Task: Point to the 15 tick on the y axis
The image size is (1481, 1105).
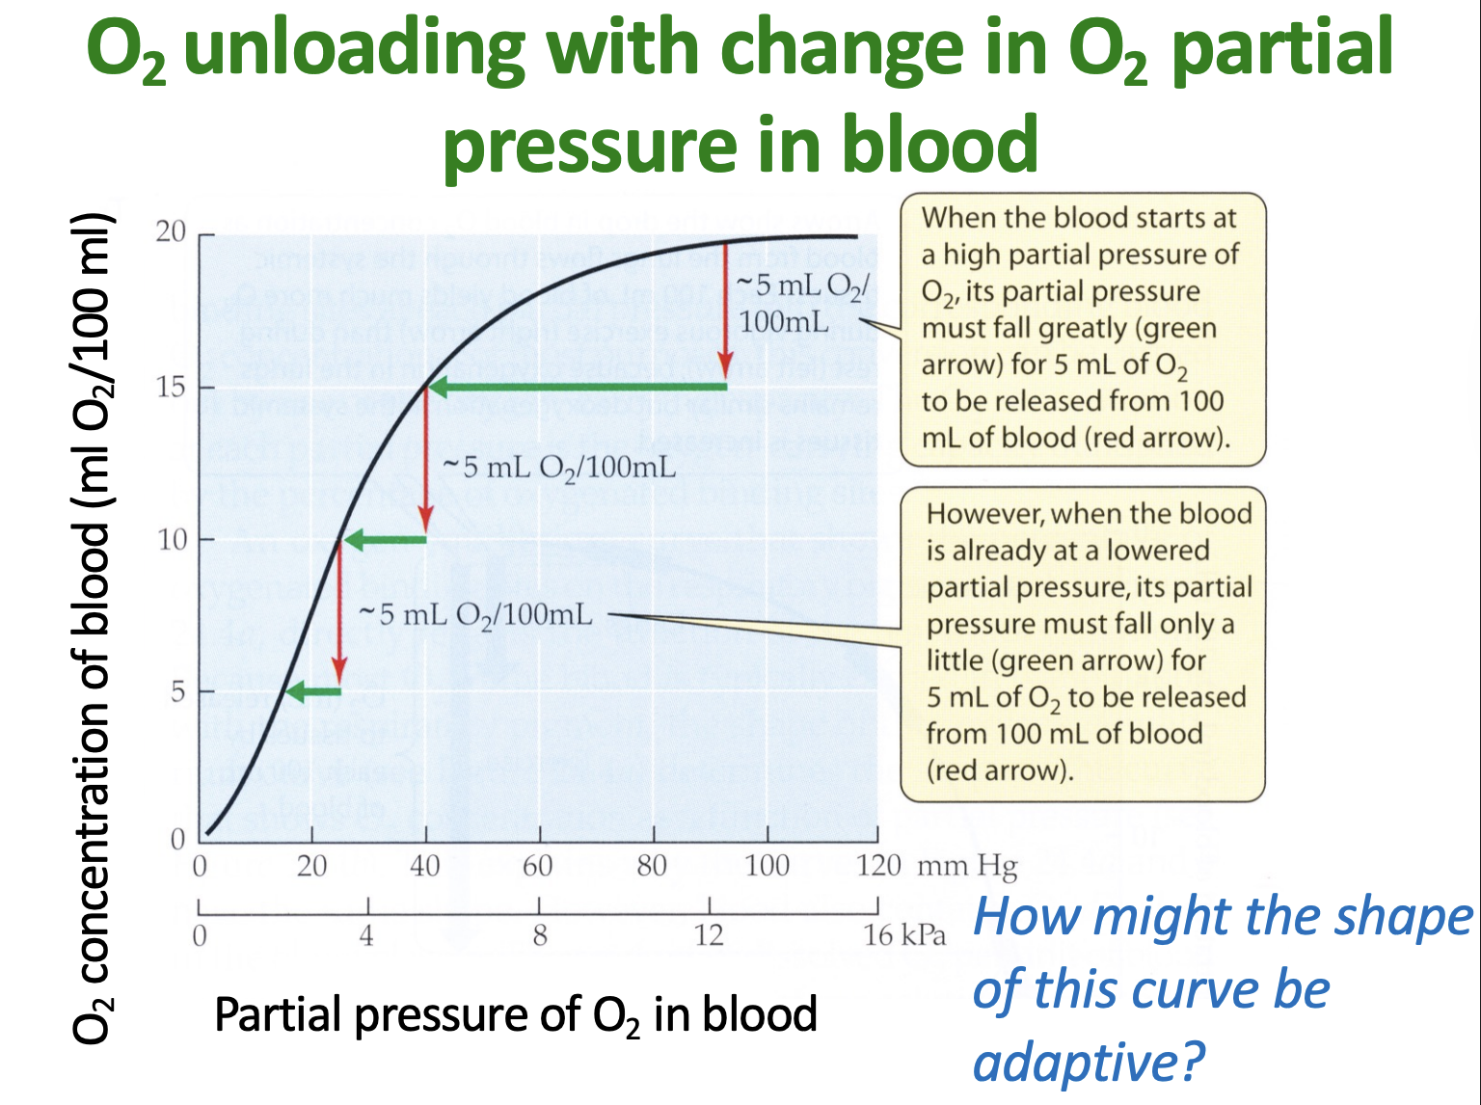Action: [172, 388]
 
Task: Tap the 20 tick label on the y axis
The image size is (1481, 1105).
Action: [171, 232]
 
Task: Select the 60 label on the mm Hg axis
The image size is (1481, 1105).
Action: [538, 866]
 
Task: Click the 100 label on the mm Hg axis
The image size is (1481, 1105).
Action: [767, 866]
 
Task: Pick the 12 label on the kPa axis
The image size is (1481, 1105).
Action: [709, 934]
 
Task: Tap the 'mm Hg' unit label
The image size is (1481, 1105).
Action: [967, 866]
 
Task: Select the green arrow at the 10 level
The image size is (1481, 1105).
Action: [386, 539]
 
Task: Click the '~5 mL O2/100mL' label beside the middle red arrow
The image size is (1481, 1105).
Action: [559, 468]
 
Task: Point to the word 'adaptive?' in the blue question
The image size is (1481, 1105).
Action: [1089, 1062]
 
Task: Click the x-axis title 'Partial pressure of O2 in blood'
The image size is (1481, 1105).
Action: [516, 1015]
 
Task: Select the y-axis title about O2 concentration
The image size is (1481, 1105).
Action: [94, 627]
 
